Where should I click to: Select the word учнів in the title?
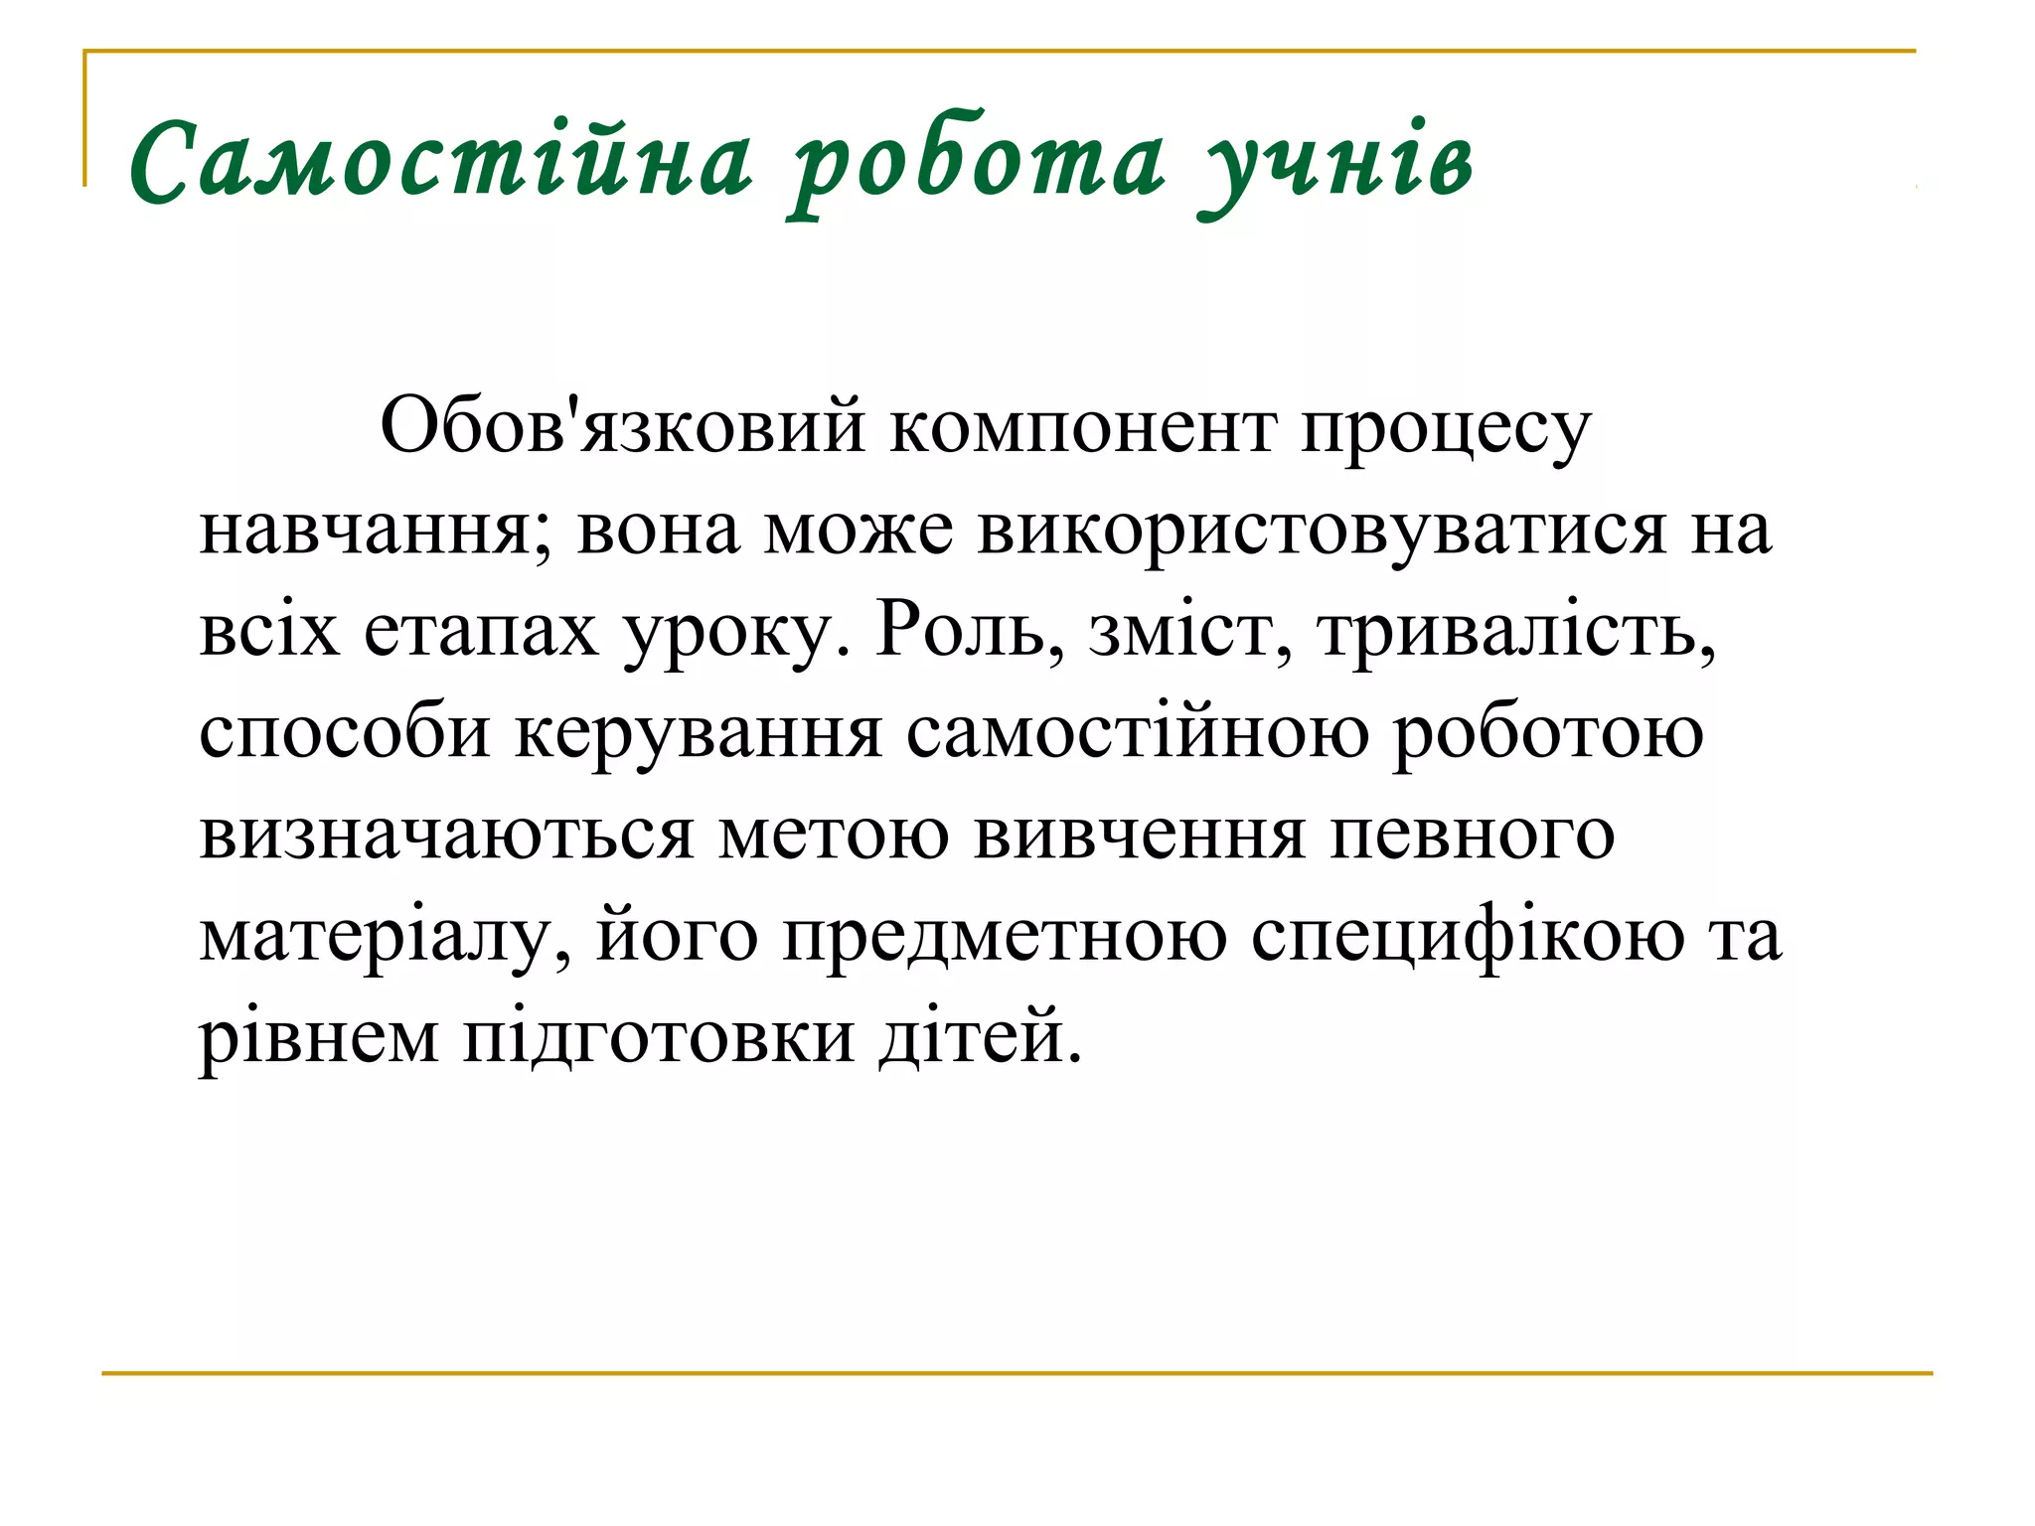[1337, 165]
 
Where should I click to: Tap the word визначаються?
[446, 835]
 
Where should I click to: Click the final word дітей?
[980, 1037]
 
